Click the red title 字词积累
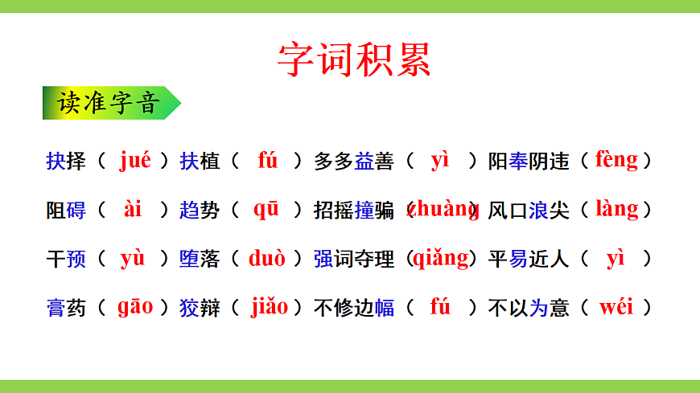tap(354, 58)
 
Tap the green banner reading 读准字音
tap(109, 104)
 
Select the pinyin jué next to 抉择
tap(134, 160)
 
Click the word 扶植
tap(200, 162)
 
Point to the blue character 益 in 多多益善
tap(364, 162)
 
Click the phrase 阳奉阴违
tap(529, 162)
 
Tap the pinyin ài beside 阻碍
tap(133, 209)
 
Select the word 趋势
tap(200, 211)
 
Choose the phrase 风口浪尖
tap(529, 211)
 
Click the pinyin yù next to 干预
tap(133, 258)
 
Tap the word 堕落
tap(200, 260)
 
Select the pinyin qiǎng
tap(441, 258)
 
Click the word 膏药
tap(66, 308)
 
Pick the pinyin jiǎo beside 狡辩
tap(269, 306)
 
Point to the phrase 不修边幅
tap(354, 308)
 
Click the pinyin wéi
tap(616, 306)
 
